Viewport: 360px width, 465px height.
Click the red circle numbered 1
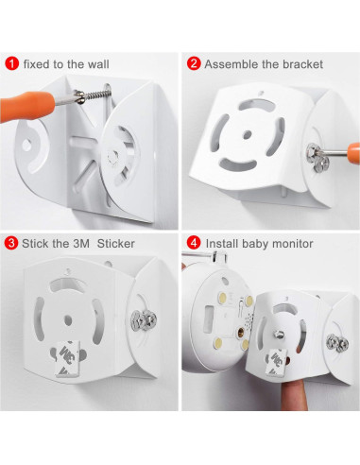(12, 64)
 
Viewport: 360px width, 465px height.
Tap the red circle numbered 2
(194, 64)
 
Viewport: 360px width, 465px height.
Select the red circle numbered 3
(12, 243)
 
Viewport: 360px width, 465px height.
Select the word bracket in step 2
(301, 64)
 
